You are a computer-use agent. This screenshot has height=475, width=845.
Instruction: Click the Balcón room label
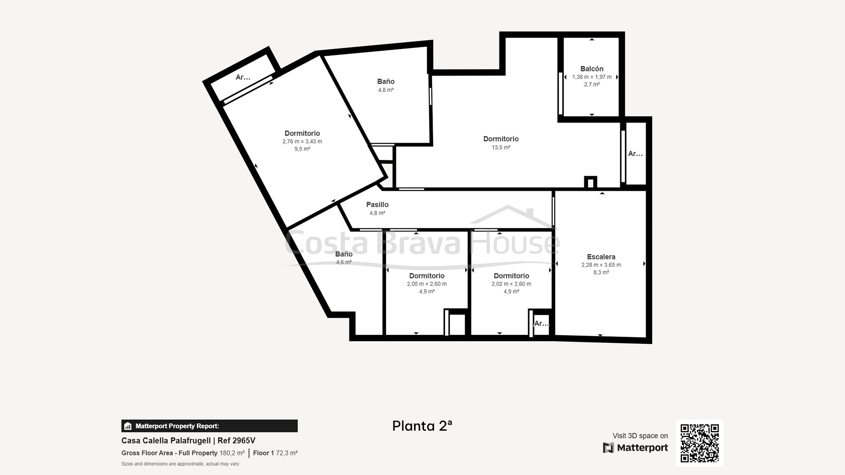click(591, 69)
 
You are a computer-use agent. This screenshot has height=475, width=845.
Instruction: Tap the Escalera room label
click(601, 257)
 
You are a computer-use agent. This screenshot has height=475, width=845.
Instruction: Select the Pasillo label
click(377, 204)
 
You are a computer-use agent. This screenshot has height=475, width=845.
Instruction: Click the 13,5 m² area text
click(501, 147)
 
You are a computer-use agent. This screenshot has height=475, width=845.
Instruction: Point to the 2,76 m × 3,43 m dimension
click(302, 141)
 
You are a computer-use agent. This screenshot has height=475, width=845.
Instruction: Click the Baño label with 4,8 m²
click(386, 81)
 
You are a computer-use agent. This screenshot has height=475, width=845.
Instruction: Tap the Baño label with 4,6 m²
click(344, 254)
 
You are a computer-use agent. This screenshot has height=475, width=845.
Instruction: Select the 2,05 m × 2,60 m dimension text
click(427, 284)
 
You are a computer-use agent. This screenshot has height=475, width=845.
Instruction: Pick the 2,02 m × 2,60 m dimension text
click(511, 284)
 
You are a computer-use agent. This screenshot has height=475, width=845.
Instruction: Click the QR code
click(700, 443)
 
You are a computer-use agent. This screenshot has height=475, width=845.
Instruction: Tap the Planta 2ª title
click(422, 426)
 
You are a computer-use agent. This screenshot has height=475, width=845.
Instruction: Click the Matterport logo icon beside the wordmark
click(608, 448)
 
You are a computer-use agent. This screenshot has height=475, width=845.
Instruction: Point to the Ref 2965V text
click(236, 440)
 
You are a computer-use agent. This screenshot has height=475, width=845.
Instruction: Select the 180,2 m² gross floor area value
click(232, 453)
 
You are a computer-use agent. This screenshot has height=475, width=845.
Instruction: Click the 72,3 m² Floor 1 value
click(287, 453)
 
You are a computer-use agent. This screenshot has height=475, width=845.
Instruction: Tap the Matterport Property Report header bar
click(210, 426)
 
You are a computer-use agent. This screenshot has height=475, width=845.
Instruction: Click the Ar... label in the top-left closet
click(243, 77)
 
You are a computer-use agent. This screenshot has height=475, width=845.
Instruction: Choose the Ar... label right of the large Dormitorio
click(635, 154)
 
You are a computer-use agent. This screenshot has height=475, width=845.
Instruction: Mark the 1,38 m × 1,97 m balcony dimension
click(591, 77)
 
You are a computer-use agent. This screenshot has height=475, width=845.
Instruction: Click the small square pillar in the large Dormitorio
click(590, 182)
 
